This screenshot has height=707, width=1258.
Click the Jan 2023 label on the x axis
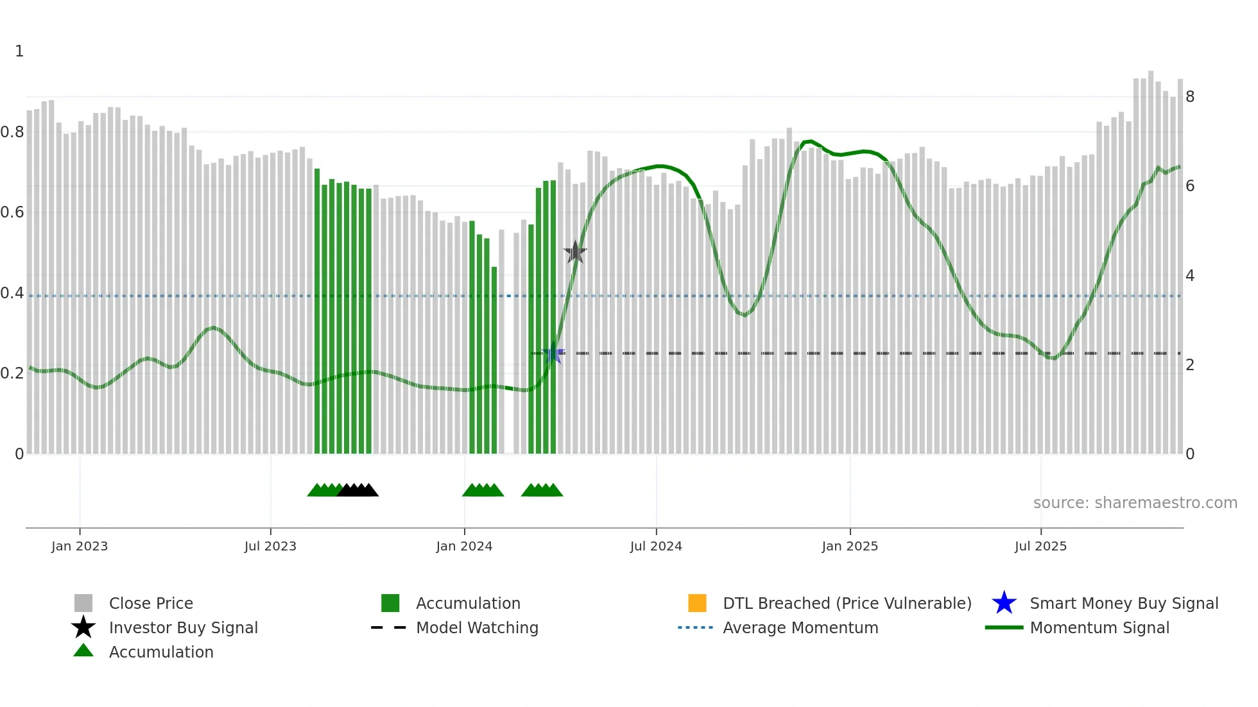pyautogui.click(x=80, y=546)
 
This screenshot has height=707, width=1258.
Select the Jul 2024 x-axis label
pyautogui.click(x=656, y=546)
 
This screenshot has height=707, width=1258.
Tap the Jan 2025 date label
pyautogui.click(x=850, y=546)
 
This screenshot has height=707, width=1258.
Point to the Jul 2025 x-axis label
pyautogui.click(x=1040, y=546)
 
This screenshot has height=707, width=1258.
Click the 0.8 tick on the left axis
pyautogui.click(x=12, y=132)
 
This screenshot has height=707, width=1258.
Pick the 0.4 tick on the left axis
pyautogui.click(x=12, y=293)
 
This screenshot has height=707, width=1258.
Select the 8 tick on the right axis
pyautogui.click(x=1190, y=97)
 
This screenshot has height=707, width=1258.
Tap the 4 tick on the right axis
pyautogui.click(x=1190, y=276)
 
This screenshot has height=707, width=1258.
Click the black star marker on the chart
pyautogui.click(x=575, y=253)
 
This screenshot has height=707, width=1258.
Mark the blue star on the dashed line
pyautogui.click(x=553, y=354)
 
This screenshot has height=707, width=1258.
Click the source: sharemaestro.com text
pyautogui.click(x=1135, y=503)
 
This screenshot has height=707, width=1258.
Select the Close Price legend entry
pyautogui.click(x=151, y=603)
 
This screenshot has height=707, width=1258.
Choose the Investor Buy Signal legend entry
pyautogui.click(x=183, y=627)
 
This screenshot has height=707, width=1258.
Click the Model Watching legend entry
pyautogui.click(x=477, y=627)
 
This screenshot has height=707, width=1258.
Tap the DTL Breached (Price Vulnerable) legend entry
pyautogui.click(x=847, y=603)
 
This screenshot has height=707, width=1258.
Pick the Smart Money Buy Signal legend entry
pyautogui.click(x=1124, y=603)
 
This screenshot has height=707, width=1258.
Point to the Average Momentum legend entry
pyautogui.click(x=800, y=627)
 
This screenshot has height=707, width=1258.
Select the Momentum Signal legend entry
pyautogui.click(x=1099, y=627)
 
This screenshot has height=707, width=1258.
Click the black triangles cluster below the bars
pyautogui.click(x=358, y=490)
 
